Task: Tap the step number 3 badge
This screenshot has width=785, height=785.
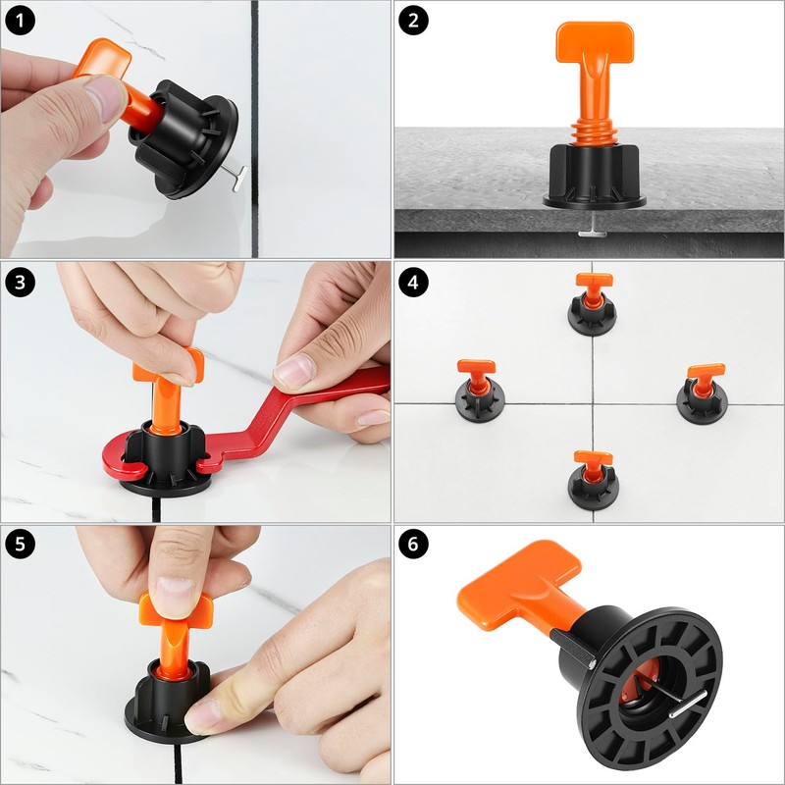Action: [x=21, y=282]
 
